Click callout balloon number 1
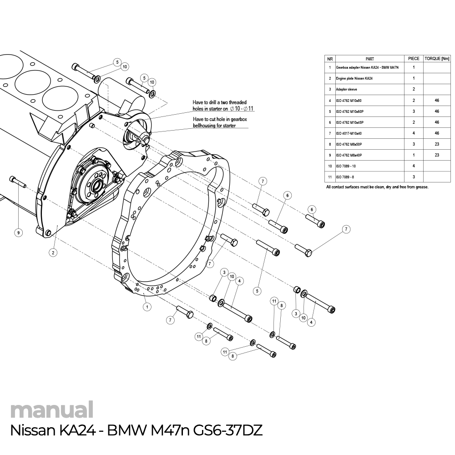point(147,307)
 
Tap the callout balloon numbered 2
point(53,253)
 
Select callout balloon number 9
point(18,233)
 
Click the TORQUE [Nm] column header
point(436,59)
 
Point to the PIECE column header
point(414,59)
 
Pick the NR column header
point(329,59)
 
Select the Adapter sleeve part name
point(346,89)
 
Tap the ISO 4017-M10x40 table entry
point(349,133)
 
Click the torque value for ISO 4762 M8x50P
point(436,144)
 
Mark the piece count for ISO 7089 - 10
point(414,166)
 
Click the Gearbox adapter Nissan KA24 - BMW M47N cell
point(367,67)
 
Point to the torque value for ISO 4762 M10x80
point(436,100)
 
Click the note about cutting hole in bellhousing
point(220,122)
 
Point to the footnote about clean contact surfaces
point(377,187)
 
